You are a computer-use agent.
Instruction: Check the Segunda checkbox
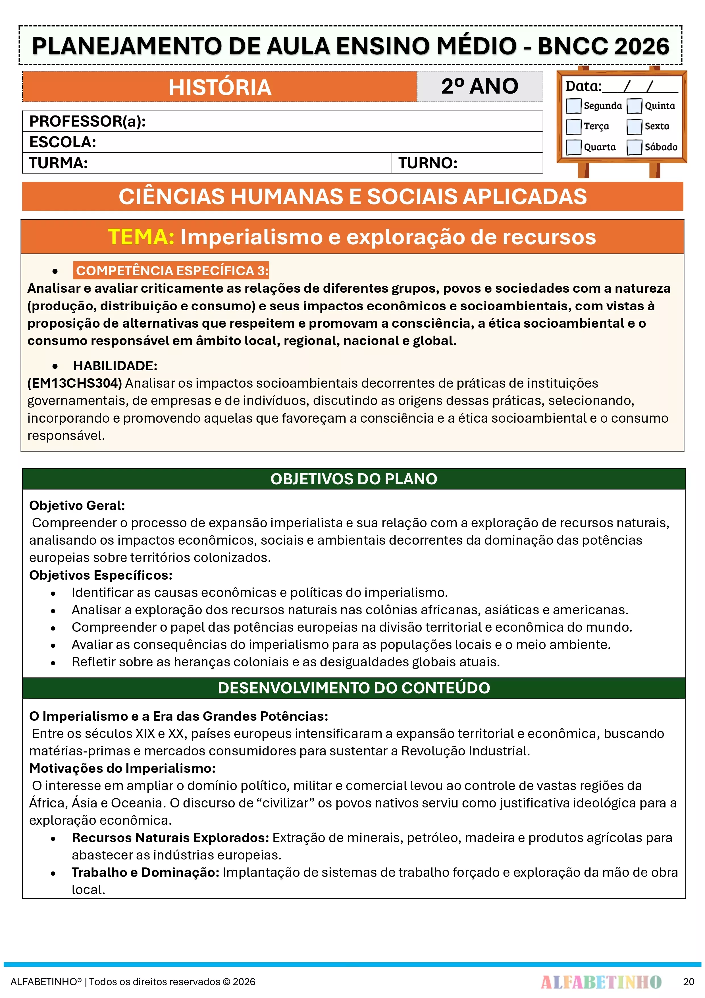pos(573,106)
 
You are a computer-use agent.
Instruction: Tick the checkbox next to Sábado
pos(634,147)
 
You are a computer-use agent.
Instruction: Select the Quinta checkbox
pos(634,106)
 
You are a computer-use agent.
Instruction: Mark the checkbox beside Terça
pos(573,127)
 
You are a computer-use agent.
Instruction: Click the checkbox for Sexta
pos(634,127)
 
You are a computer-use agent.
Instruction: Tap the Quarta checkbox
pos(573,147)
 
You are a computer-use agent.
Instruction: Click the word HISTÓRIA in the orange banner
pos(220,87)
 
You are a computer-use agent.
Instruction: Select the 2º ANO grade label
pos(480,86)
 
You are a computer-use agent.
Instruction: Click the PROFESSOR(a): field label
pos(87,121)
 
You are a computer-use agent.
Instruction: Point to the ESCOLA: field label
pos(63,142)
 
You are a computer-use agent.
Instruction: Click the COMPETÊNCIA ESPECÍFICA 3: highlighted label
pos(172,270)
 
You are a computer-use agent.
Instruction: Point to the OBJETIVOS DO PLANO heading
pos(353,479)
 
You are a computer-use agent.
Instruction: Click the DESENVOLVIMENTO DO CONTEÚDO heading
pos(353,688)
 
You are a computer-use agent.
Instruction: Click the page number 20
pos(689,982)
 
